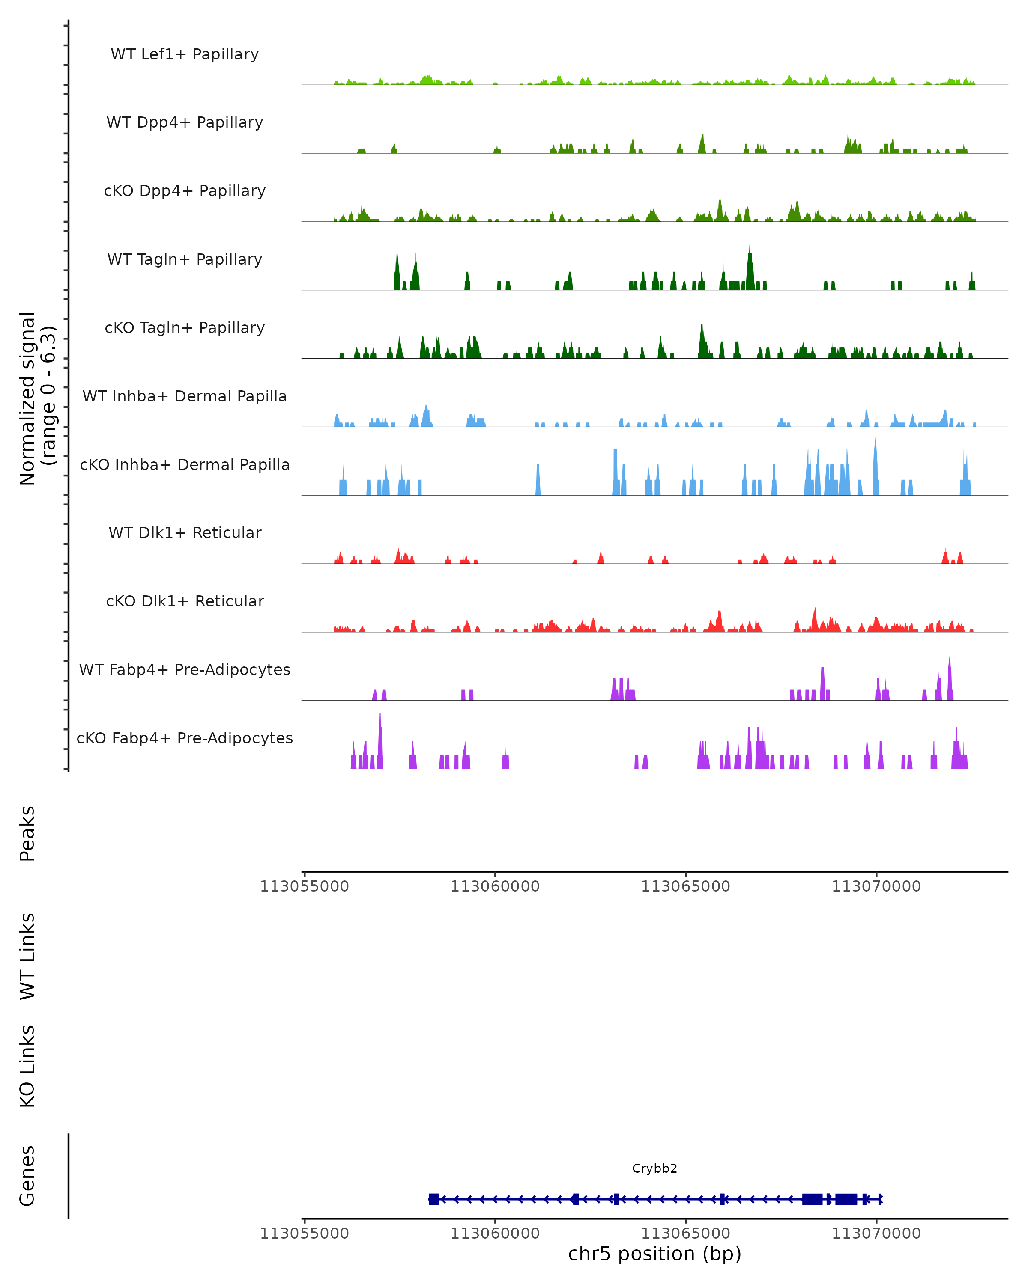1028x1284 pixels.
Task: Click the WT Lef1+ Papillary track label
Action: [x=185, y=54]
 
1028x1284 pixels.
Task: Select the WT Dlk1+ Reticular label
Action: [x=185, y=532]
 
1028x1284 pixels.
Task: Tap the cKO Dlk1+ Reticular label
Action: [x=185, y=601]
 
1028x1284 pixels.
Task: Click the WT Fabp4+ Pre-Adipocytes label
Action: [x=185, y=669]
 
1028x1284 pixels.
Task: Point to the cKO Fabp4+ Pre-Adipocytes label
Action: [x=185, y=738]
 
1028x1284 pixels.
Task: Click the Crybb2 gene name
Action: [x=654, y=1168]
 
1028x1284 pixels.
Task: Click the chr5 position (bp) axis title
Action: [x=654, y=1254]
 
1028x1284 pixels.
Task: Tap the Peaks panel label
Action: [x=27, y=833]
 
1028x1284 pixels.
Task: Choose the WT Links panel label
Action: [x=27, y=956]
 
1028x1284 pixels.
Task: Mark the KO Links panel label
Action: [x=27, y=1066]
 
